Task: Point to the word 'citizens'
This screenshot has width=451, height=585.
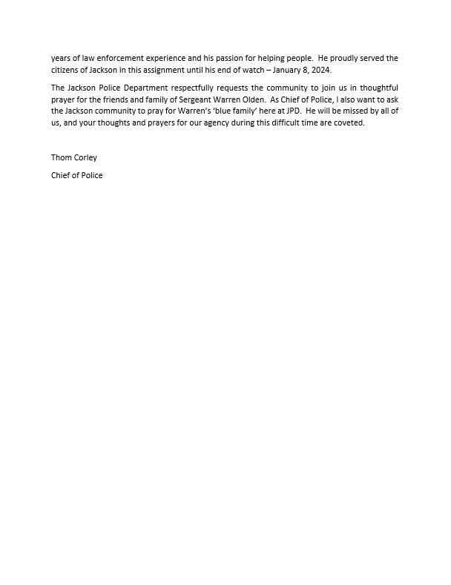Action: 67,70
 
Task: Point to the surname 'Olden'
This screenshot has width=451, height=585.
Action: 250,99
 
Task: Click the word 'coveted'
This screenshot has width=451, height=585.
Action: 349,122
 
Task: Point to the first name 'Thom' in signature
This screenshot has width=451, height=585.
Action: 61,157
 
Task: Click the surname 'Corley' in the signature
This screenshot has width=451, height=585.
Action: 85,157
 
